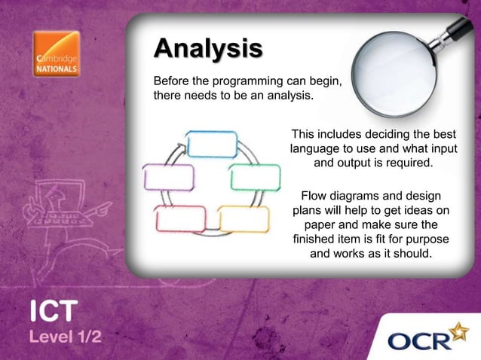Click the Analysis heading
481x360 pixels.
pos(208,49)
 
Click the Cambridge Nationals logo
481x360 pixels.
pos(56,54)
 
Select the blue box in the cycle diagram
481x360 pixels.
pos(212,144)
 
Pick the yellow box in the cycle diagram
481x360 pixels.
pos(244,218)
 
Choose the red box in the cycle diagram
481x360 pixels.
pos(181,218)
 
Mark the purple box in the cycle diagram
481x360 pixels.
pos(169,178)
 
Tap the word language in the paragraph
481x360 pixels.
pos(317,148)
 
